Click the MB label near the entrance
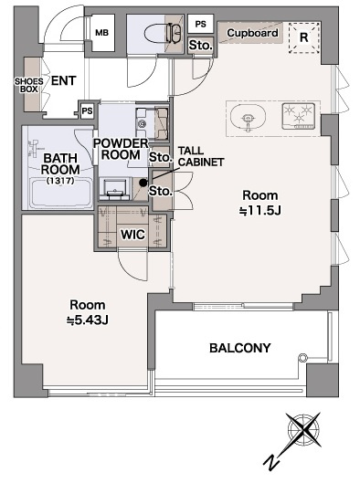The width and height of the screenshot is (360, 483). (x=101, y=32)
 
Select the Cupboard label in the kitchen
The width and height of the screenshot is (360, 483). (x=252, y=33)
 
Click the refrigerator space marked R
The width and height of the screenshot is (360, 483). (x=304, y=37)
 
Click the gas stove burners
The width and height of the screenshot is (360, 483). (x=298, y=116)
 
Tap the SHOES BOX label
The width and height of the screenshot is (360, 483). (x=29, y=85)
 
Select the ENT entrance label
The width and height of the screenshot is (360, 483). (x=63, y=80)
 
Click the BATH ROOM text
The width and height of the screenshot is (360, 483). (x=60, y=163)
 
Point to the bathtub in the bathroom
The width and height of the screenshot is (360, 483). (x=60, y=194)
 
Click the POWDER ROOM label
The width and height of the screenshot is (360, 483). (x=121, y=149)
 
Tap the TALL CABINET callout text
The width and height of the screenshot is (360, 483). (x=201, y=156)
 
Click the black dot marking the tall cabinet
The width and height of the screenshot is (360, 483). (x=143, y=183)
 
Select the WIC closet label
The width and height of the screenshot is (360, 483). (x=132, y=235)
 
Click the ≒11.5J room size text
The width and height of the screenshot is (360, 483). (x=260, y=211)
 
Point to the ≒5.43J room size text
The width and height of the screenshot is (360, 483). (x=88, y=320)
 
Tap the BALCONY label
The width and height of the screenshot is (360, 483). (x=240, y=348)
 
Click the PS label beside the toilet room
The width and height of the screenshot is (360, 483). (x=201, y=24)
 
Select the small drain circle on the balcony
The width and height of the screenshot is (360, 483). (x=303, y=357)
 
